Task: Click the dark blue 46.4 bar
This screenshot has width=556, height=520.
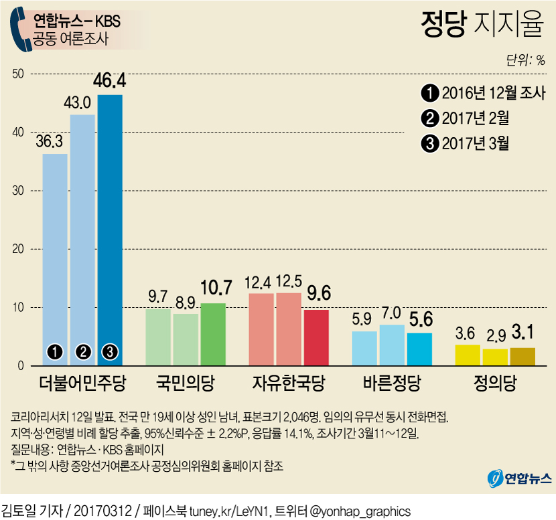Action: (x=110, y=228)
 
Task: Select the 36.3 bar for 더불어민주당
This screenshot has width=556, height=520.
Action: (x=55, y=258)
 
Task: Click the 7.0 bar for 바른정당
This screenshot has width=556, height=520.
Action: (x=392, y=345)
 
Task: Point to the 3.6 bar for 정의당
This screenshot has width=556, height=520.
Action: (x=467, y=355)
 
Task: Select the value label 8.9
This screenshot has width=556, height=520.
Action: (x=186, y=303)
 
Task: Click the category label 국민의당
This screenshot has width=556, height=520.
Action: (x=185, y=385)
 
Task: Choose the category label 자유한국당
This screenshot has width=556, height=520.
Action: (x=289, y=385)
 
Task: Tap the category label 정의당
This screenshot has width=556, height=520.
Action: (x=494, y=385)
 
